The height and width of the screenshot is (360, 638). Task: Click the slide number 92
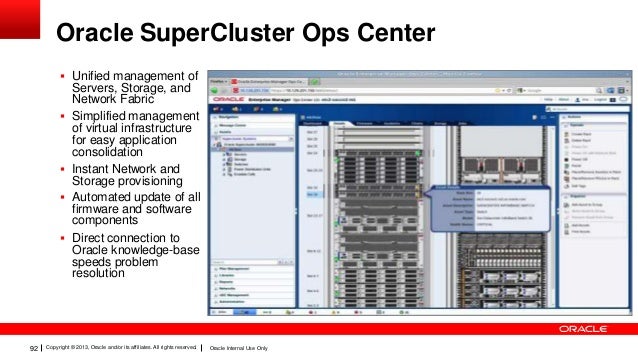click(x=34, y=346)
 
